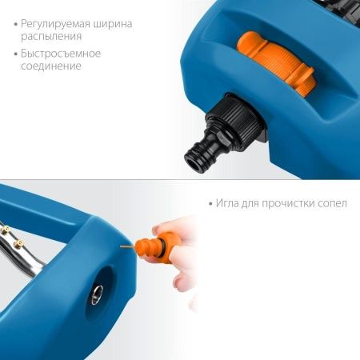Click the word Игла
229,203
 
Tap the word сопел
332,203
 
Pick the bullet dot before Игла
209,204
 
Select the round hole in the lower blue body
96,298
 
